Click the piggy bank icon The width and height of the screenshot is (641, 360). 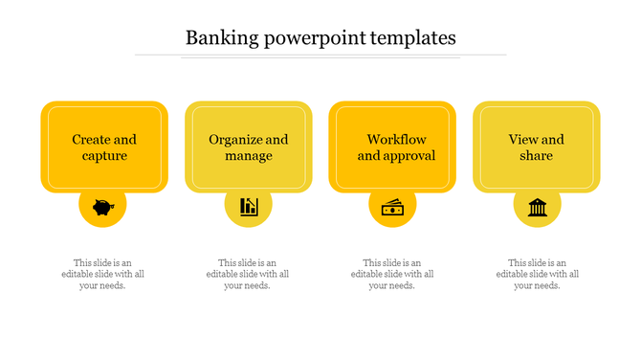click(x=102, y=206)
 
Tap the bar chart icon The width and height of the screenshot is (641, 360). click(x=249, y=206)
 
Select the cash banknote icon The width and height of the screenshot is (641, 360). click(x=392, y=206)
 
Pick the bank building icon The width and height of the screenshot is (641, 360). click(x=537, y=206)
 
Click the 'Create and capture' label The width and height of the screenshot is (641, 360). click(x=104, y=147)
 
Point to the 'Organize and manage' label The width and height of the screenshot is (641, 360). click(x=249, y=147)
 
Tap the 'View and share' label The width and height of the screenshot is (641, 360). click(x=537, y=147)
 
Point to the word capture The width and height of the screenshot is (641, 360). click(x=104, y=156)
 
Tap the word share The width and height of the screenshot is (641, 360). click(x=537, y=156)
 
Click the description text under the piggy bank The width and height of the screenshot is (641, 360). click(x=103, y=274)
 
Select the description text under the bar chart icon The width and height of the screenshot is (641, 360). click(x=248, y=274)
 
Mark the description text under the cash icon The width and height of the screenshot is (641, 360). click(x=392, y=274)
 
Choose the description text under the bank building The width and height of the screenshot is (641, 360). click(x=537, y=274)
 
